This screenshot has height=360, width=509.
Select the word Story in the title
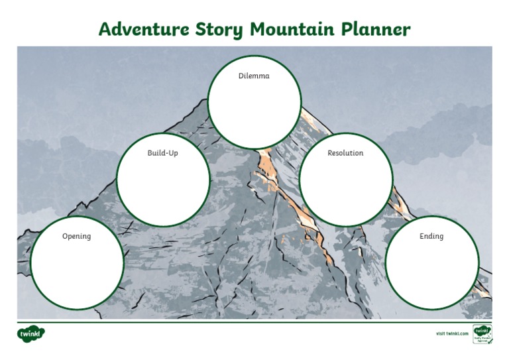point(220,30)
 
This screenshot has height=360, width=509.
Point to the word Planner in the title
point(376,30)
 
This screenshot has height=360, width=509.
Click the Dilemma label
point(254,76)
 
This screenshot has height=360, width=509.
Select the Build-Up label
point(162,153)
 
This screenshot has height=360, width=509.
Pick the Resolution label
point(345,153)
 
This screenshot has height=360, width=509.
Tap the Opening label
point(76,237)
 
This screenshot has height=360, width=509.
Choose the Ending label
point(431,237)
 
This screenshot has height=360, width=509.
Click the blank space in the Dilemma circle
point(254,109)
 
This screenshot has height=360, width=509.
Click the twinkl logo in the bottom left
point(31,333)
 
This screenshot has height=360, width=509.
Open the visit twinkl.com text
point(452,333)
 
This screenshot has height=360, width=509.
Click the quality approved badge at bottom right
point(482,334)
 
